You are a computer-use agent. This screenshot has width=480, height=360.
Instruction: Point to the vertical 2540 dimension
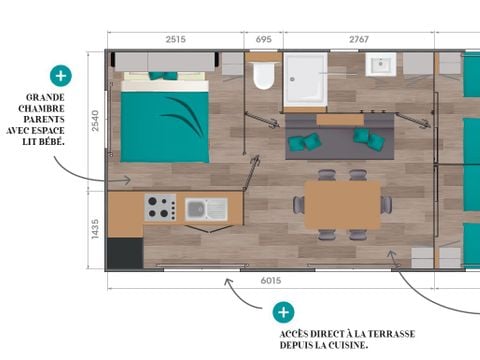(x=95, y=121)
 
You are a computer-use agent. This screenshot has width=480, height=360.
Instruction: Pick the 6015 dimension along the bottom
(x=270, y=282)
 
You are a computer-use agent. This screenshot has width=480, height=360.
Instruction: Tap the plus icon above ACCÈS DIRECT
(x=284, y=312)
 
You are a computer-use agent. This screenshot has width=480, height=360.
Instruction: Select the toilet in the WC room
(x=264, y=76)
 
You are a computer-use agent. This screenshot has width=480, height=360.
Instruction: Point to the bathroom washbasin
(x=381, y=67)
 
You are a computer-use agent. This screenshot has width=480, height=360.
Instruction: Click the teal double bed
(x=164, y=121)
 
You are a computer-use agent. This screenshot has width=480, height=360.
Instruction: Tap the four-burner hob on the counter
(x=160, y=207)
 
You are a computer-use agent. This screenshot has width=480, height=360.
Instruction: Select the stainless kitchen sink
(x=205, y=209)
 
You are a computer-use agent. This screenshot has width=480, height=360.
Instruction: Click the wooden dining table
(x=342, y=204)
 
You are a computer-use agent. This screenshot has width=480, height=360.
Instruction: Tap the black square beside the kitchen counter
(x=125, y=252)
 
